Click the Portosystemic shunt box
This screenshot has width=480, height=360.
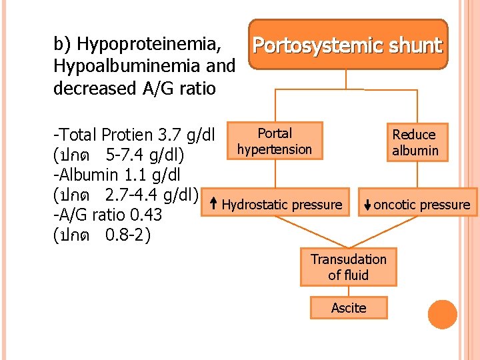pyautogui.click(x=348, y=45)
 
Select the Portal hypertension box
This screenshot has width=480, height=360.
pyautogui.click(x=275, y=141)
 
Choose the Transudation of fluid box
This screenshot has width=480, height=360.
pyautogui.click(x=348, y=267)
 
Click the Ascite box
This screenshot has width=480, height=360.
pyautogui.click(x=348, y=307)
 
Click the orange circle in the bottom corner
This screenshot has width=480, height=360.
pyautogui.click(x=443, y=315)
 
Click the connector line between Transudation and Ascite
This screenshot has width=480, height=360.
pyautogui.click(x=348, y=291)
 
